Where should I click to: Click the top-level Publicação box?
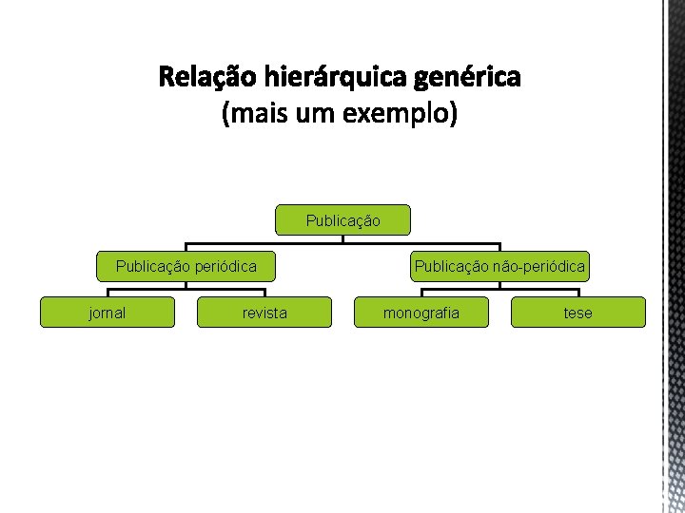click(342, 220)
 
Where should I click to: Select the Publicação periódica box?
click(186, 266)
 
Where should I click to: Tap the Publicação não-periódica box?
click(499, 266)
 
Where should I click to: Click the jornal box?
click(107, 313)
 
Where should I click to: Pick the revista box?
click(264, 313)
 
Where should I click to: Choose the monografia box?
click(421, 313)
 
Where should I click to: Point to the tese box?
click(577, 313)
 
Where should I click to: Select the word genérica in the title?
click(466, 75)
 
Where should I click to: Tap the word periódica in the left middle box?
click(225, 267)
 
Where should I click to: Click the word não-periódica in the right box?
click(538, 267)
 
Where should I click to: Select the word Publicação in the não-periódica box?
click(450, 267)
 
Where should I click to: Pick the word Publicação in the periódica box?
click(152, 267)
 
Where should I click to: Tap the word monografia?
click(421, 313)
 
